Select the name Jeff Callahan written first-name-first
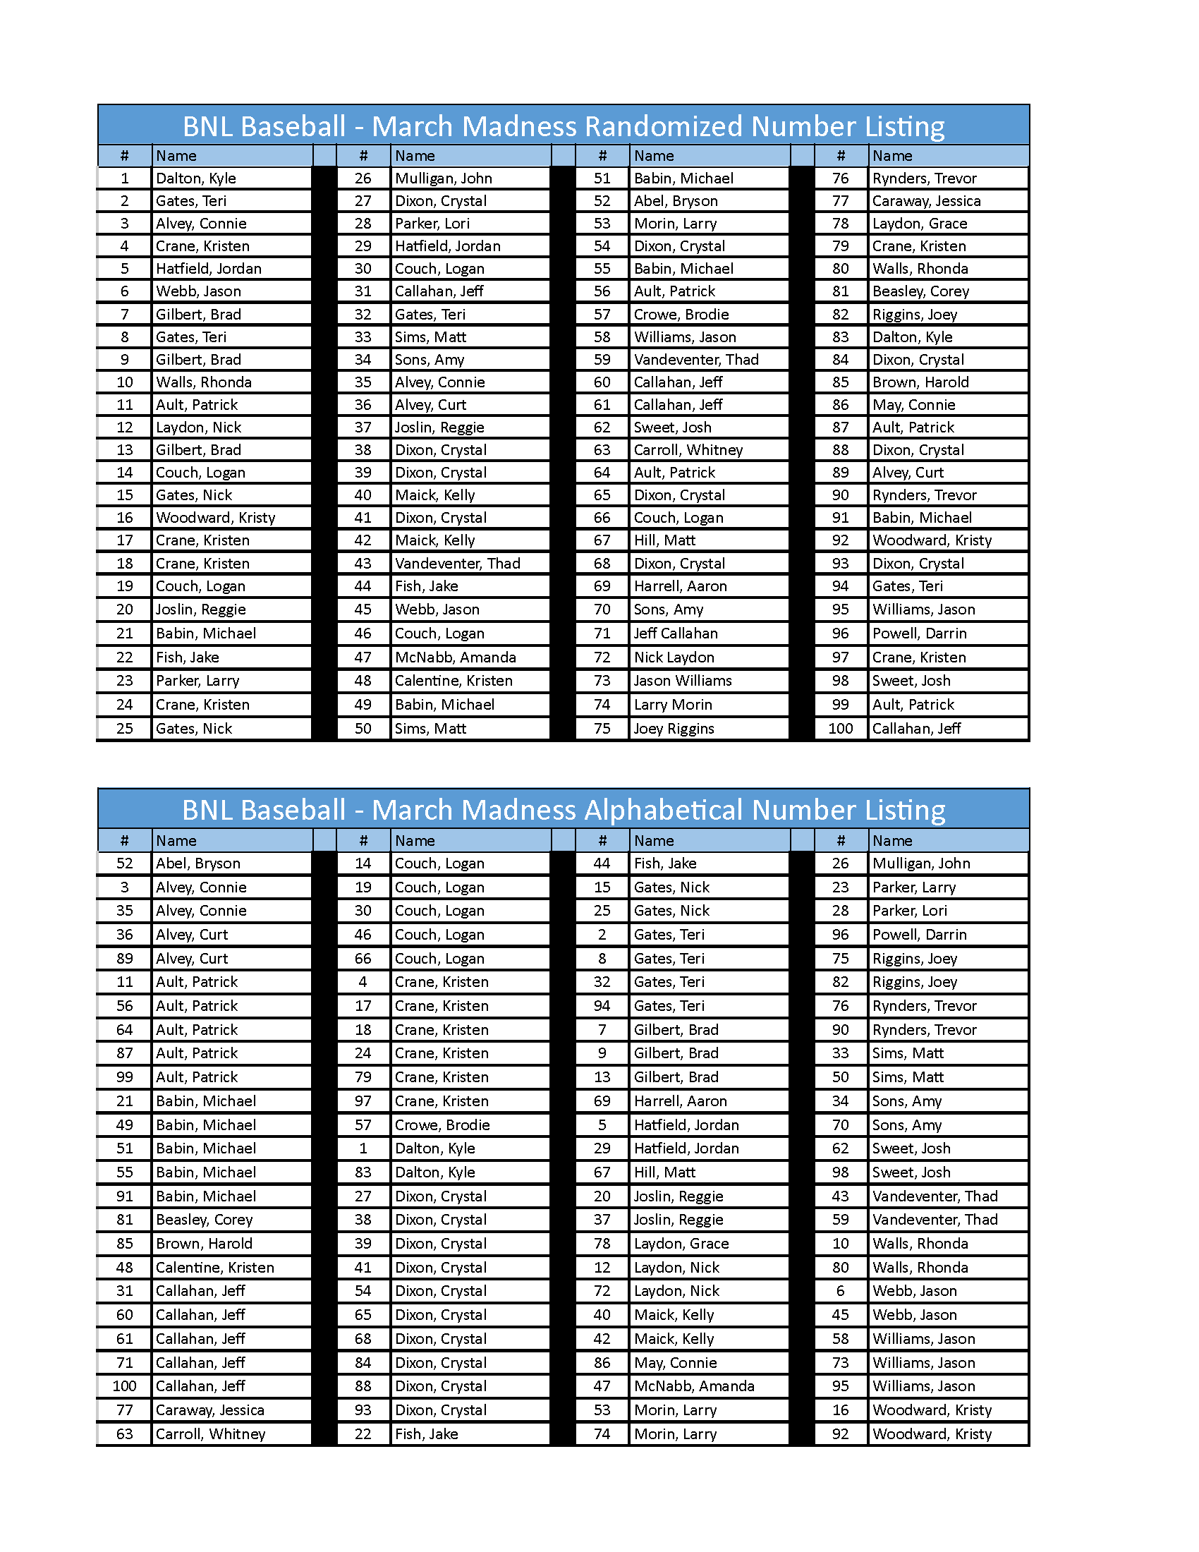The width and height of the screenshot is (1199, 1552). coord(676,633)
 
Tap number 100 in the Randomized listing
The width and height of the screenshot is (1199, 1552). coord(840,729)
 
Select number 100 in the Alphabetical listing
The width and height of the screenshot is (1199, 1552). coord(124,1386)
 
